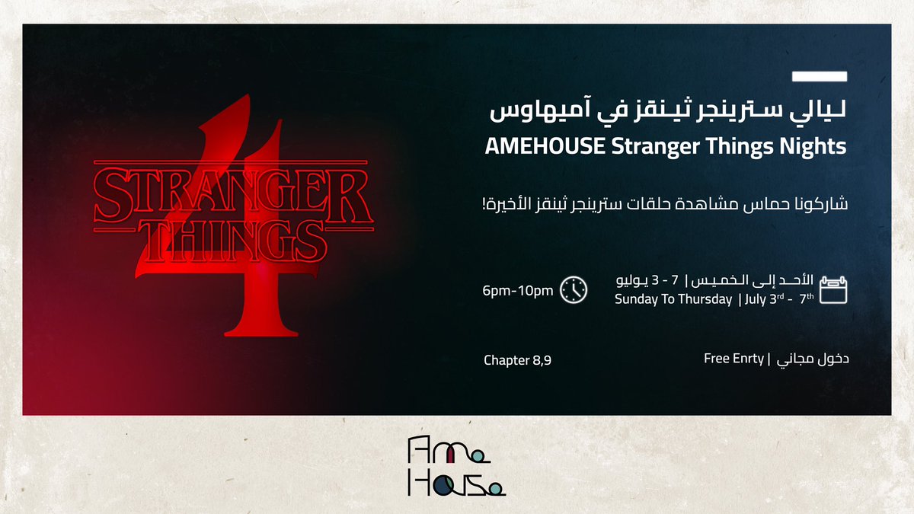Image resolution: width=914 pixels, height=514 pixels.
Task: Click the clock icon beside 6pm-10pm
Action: tap(574, 290)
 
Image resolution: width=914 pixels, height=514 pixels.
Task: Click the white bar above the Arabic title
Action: tap(820, 76)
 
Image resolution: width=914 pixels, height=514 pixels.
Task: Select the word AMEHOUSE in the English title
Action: tap(545, 146)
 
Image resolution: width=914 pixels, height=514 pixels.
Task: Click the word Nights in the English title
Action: tap(819, 146)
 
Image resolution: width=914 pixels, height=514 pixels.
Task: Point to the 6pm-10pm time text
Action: tap(518, 291)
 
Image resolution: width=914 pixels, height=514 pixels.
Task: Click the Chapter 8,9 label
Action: tap(517, 359)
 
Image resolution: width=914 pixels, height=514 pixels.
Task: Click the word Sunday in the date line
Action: tap(636, 300)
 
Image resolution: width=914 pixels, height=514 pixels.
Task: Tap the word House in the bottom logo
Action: tap(455, 481)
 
